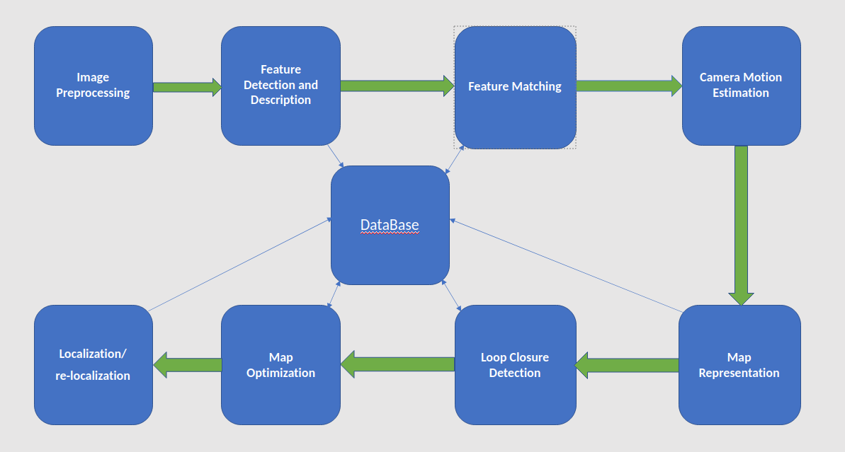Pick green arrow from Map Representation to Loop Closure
pyautogui.click(x=627, y=365)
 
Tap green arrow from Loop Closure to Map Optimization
pyautogui.click(x=397, y=364)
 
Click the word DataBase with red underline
pyautogui.click(x=390, y=226)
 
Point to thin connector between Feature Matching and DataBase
pyautogui.click(x=454, y=160)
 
